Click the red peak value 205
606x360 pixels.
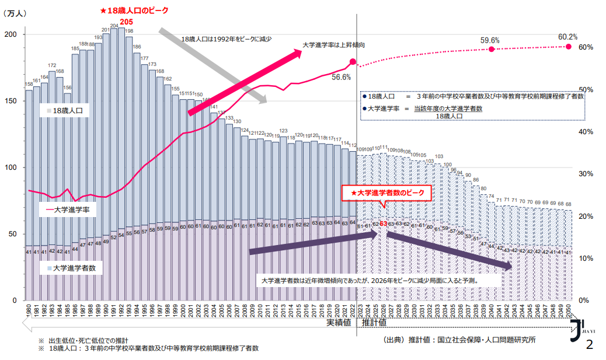(127, 22)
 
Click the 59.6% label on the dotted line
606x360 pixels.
(490, 40)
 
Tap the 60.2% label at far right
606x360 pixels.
(567, 37)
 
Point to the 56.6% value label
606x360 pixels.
(341, 76)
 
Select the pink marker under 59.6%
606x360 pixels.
(492, 49)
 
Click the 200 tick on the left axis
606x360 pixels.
(11, 35)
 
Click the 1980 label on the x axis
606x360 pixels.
(29, 310)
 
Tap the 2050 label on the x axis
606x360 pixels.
(569, 310)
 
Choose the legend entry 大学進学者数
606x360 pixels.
(71, 268)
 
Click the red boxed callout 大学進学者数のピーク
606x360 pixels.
(386, 193)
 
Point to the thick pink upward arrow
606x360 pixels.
(245, 82)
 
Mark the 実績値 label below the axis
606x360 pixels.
(339, 322)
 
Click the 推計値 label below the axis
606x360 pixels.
(374, 322)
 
